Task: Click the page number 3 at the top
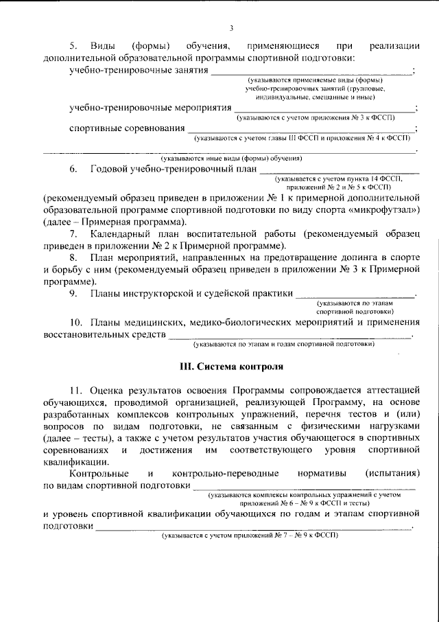tap(231, 28)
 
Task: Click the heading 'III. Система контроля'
tap(231, 367)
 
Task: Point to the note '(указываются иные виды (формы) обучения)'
tap(230, 157)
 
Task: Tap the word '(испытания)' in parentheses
tap(392, 474)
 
